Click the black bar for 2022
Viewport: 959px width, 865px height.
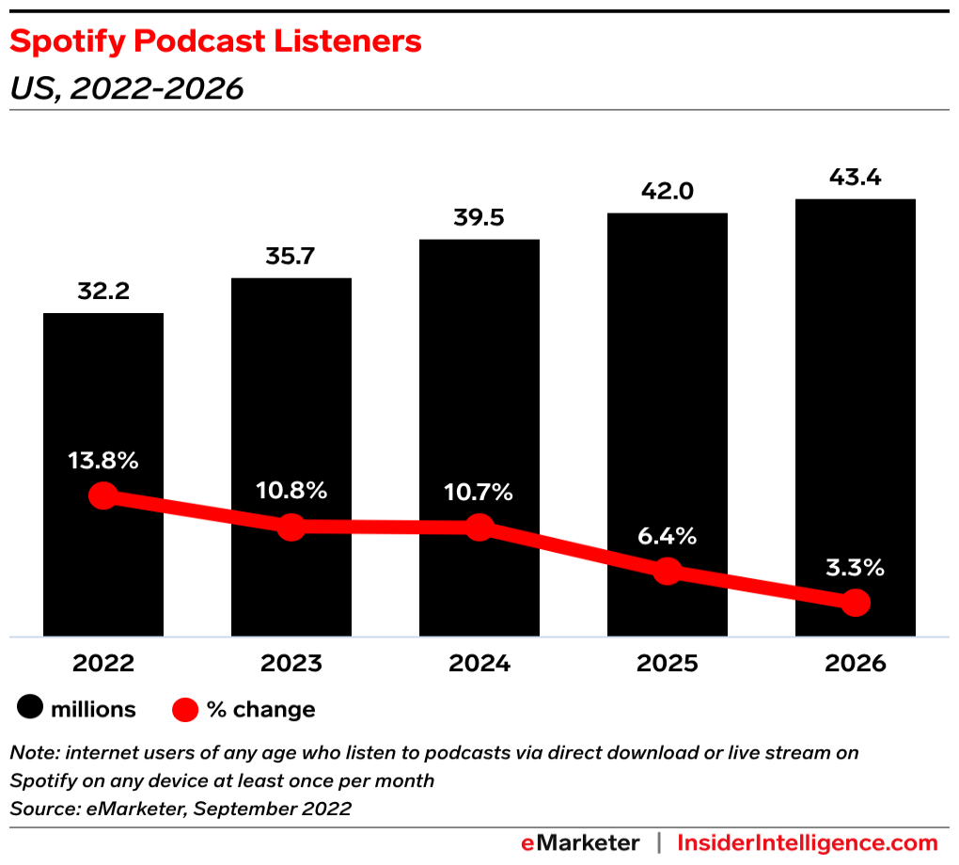pos(103,395)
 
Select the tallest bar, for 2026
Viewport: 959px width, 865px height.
pos(855,376)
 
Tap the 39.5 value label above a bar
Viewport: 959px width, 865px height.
pos(479,218)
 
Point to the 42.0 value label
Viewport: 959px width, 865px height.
pos(667,192)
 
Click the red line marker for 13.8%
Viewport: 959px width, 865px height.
pos(103,496)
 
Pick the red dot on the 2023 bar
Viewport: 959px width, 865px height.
pos(291,527)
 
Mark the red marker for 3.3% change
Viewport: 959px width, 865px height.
pos(855,603)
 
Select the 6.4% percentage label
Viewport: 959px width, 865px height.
pos(667,536)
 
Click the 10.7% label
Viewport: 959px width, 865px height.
pos(479,492)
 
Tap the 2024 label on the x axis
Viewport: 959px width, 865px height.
pos(479,663)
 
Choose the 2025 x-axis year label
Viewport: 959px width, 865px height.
pos(667,663)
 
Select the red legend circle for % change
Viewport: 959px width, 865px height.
pos(185,709)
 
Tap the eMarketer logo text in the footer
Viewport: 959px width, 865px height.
pos(580,842)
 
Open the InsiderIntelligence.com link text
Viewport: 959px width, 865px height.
pos(808,842)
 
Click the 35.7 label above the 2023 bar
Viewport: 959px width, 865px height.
pos(291,257)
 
